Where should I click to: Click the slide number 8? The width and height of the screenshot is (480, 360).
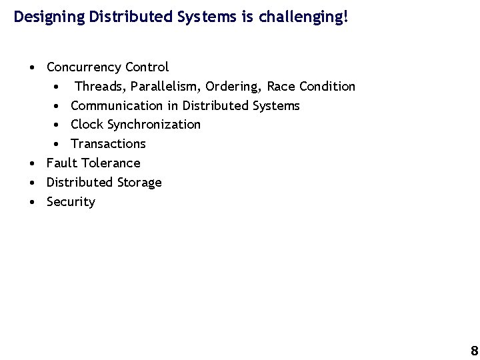point(474,351)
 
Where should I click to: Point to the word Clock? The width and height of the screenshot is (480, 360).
point(87,125)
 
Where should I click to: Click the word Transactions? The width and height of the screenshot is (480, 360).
point(108,144)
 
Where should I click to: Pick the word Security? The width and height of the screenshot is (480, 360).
point(71,202)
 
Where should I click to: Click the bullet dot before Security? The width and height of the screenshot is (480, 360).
point(32,202)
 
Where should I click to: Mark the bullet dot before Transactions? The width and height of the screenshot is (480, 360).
point(58,144)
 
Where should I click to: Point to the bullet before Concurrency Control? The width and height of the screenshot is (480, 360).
point(32,67)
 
